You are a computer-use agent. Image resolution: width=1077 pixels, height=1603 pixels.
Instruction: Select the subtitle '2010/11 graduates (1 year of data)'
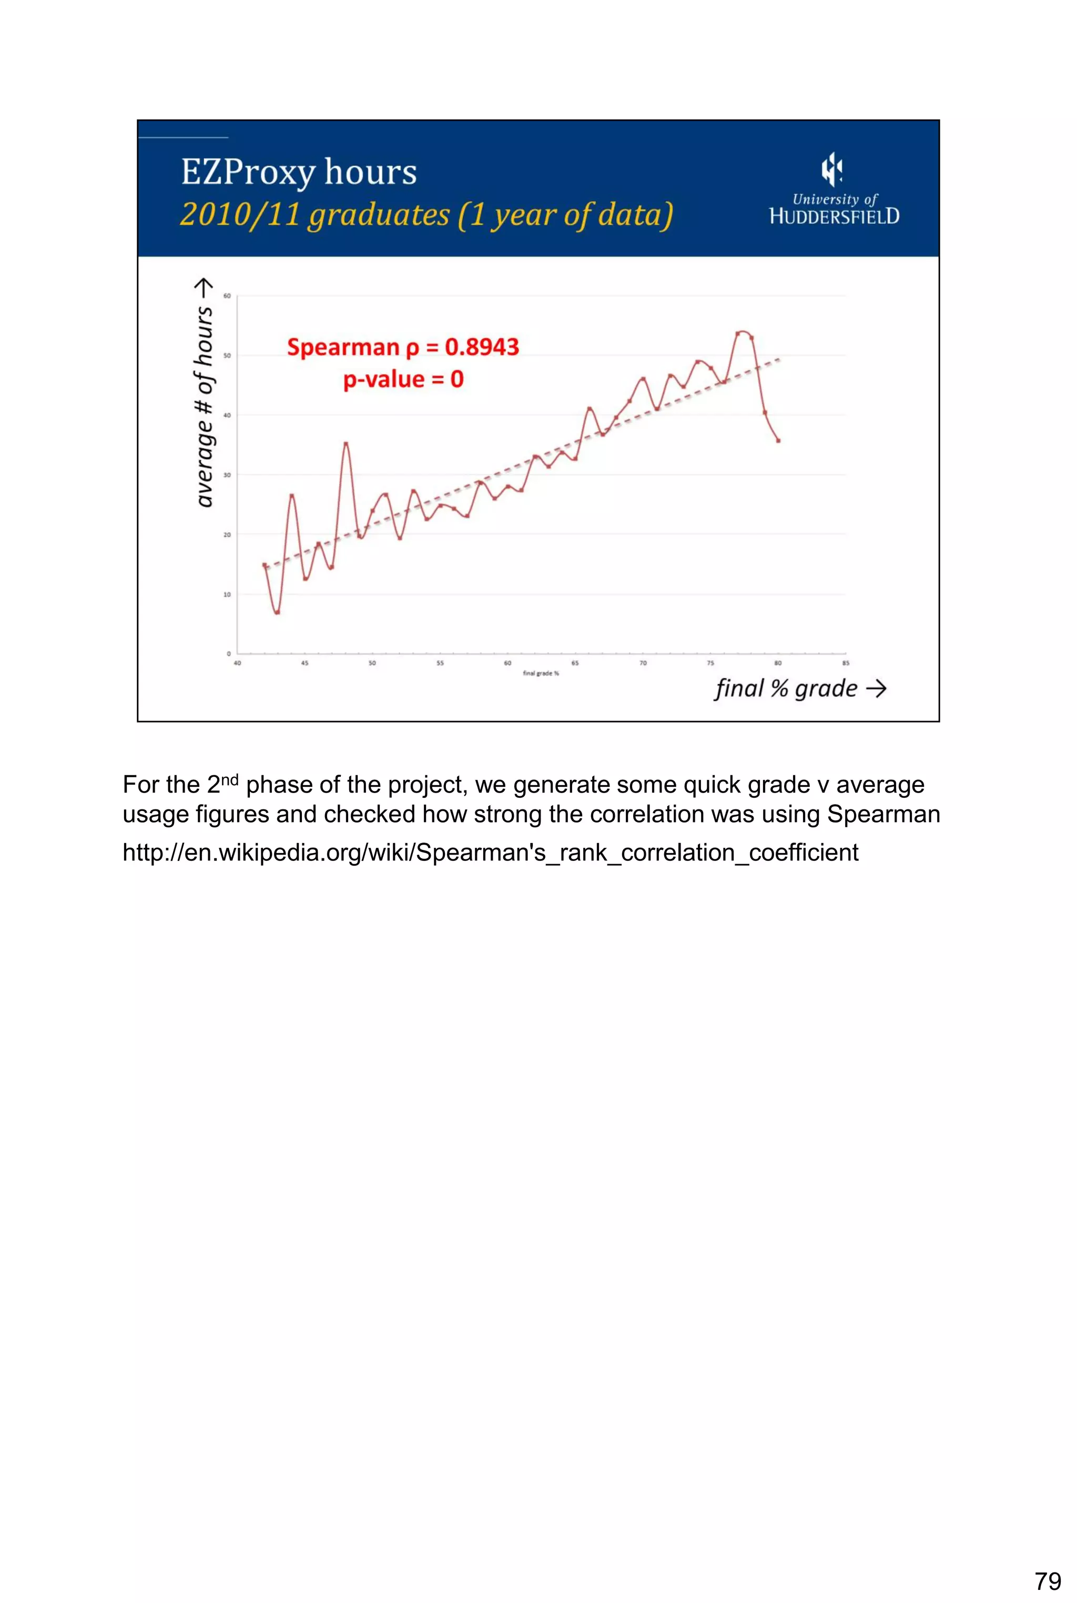pyautogui.click(x=426, y=214)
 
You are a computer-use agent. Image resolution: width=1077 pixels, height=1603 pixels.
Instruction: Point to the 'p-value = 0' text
pyautogui.click(x=403, y=379)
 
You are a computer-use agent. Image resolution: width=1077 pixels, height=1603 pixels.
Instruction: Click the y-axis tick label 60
pyautogui.click(x=227, y=296)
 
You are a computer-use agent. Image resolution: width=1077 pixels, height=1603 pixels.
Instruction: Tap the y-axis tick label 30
pyautogui.click(x=227, y=474)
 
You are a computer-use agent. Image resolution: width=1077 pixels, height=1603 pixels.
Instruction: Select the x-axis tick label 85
pyautogui.click(x=846, y=663)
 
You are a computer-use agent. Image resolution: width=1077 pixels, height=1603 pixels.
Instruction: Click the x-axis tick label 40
pyautogui.click(x=238, y=663)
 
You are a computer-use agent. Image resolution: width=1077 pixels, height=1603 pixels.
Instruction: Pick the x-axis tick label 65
pyautogui.click(x=575, y=663)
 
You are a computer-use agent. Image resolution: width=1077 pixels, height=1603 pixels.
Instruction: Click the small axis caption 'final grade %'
pyautogui.click(x=541, y=673)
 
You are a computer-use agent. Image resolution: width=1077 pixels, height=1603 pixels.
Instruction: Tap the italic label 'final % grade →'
pyautogui.click(x=800, y=688)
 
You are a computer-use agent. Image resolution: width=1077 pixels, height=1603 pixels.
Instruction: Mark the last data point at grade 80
pyautogui.click(x=778, y=441)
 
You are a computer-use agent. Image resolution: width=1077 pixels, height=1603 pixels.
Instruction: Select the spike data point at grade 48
pyautogui.click(x=346, y=444)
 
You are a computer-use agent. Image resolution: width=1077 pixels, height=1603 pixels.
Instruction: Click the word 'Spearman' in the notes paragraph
pyautogui.click(x=883, y=814)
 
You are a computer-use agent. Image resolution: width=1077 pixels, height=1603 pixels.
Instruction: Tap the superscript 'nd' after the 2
pyautogui.click(x=229, y=779)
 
